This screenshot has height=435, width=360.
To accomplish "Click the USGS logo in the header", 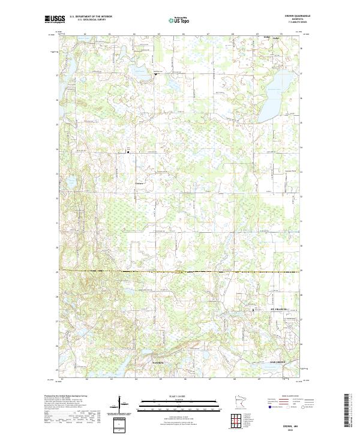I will point(55,19).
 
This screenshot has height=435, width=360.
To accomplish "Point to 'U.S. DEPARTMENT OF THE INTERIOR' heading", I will point(90,17).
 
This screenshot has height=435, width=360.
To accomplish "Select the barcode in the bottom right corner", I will point(347,411).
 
